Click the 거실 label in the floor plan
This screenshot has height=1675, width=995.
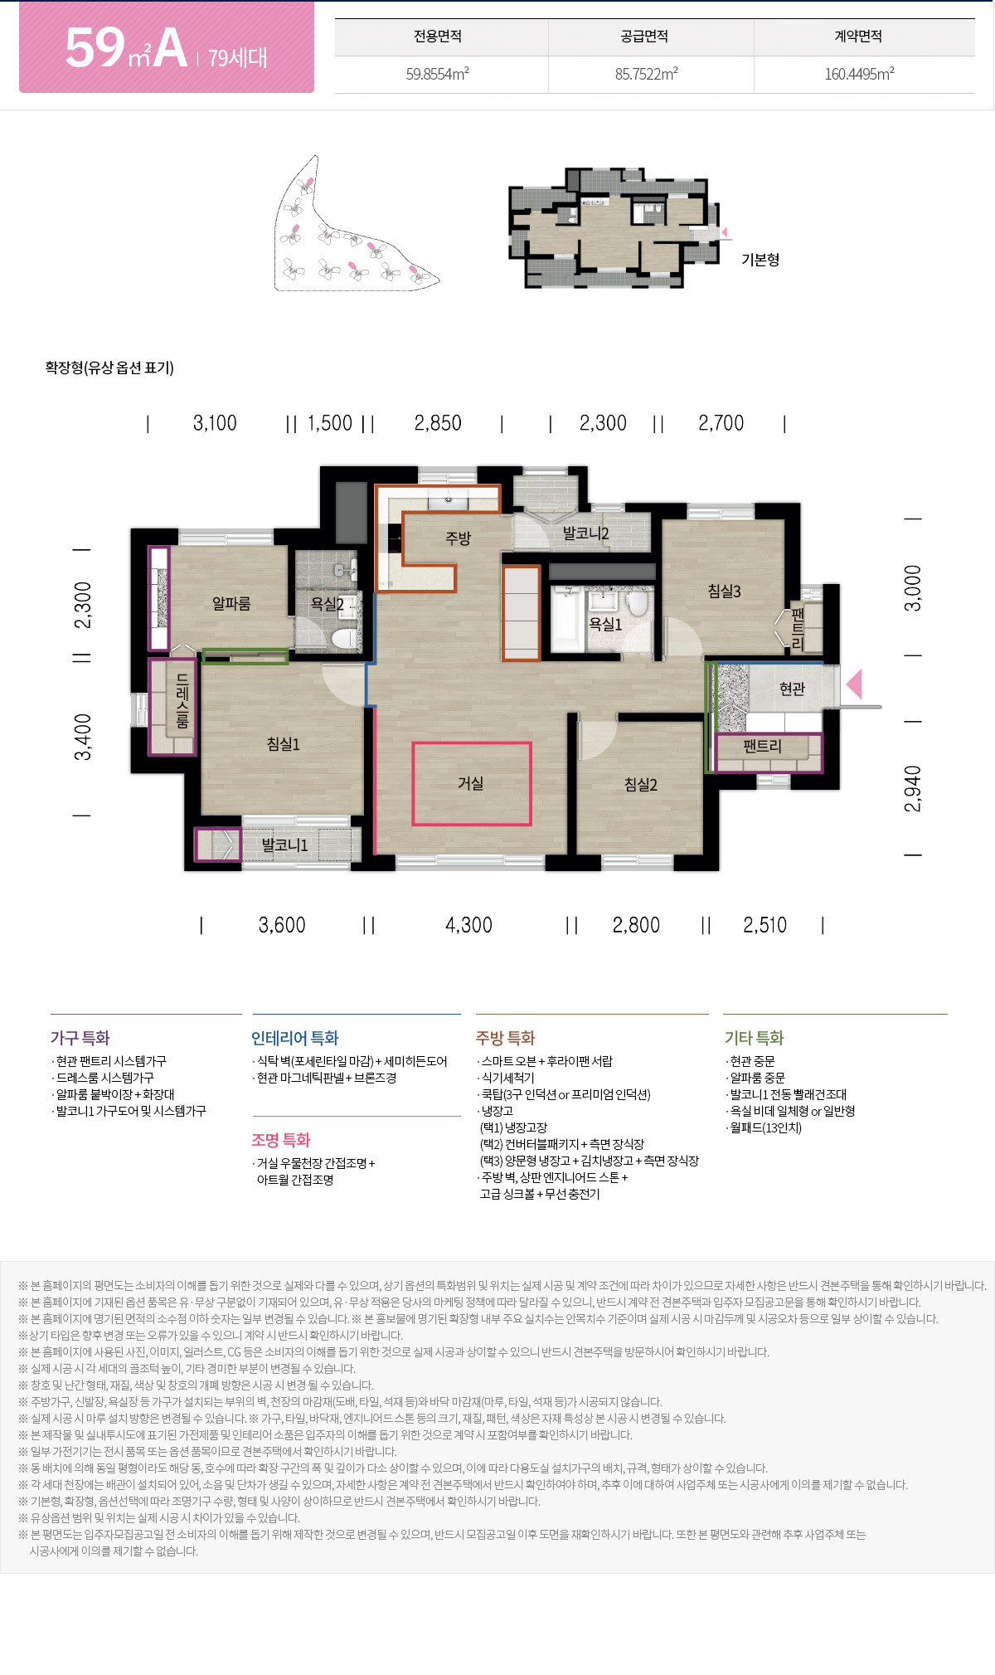[x=470, y=783]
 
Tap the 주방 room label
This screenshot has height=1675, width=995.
[x=458, y=538]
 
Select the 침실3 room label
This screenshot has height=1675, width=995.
[x=724, y=592]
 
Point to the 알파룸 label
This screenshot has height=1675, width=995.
[x=231, y=604]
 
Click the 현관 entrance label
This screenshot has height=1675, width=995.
[x=792, y=689]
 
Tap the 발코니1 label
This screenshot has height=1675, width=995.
[x=284, y=845]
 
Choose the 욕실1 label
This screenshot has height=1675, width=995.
[x=604, y=625]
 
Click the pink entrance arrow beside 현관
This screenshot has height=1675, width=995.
[x=854, y=684]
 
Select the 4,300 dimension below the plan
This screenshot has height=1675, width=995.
[x=468, y=925]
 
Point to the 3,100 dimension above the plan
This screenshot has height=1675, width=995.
[x=215, y=423]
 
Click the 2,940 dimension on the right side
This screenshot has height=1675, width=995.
[x=912, y=788]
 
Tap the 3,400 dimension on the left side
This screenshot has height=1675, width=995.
[x=83, y=737]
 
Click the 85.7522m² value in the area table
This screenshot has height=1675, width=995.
[x=647, y=74]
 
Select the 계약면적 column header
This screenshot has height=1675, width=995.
[x=858, y=37]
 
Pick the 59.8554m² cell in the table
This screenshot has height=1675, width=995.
[x=438, y=74]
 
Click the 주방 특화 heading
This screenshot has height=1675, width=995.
[x=505, y=1038]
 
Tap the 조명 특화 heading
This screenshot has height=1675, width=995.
[x=281, y=1140]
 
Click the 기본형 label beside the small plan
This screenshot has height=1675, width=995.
[x=760, y=260]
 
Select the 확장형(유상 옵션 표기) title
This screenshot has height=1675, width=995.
[x=109, y=368]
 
